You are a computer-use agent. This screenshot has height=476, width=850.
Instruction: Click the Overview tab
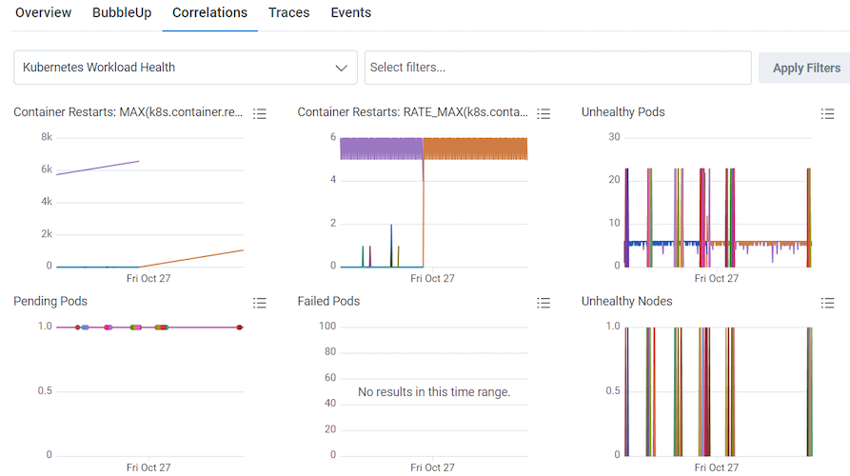point(43,13)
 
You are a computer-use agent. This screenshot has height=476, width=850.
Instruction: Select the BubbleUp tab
point(123,13)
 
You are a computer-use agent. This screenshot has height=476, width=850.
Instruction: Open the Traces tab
point(287,13)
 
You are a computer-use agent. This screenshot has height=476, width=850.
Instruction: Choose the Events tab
point(351,13)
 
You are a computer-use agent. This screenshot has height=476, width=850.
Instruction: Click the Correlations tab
point(209,13)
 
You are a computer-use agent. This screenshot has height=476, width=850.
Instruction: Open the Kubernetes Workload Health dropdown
point(186,68)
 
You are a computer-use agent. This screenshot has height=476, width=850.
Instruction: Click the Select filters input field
point(557,68)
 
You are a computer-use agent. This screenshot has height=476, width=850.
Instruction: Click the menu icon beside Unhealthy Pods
point(827,113)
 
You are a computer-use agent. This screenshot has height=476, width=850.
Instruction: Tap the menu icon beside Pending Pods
point(260,303)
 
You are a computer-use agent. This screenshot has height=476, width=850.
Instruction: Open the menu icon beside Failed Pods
point(544,303)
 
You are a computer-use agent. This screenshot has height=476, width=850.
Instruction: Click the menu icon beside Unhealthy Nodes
point(827,303)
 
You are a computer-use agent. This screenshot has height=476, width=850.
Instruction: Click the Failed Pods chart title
point(328,302)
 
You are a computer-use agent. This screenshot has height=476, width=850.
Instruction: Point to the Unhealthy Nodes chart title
point(626,302)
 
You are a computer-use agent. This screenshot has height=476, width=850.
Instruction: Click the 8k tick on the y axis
point(46,137)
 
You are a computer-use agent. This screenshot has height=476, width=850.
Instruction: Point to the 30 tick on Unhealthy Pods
point(614,137)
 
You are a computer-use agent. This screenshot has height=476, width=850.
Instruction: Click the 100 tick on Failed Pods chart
point(327,327)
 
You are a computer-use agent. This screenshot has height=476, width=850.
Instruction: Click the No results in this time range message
point(434,392)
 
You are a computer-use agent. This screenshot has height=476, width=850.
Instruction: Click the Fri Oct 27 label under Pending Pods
point(148,467)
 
